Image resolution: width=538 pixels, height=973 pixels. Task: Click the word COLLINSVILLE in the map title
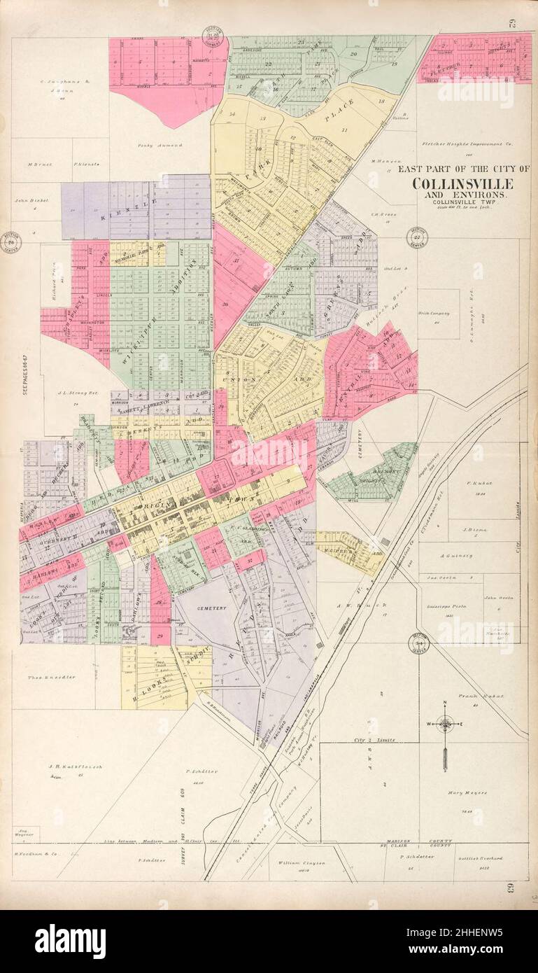(x=462, y=184)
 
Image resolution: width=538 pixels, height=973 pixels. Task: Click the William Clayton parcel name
(x=302, y=863)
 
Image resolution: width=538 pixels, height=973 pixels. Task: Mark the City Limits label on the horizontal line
(x=374, y=739)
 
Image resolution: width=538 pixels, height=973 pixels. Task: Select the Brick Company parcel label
(x=434, y=313)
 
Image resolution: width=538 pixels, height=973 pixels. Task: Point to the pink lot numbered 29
(x=160, y=636)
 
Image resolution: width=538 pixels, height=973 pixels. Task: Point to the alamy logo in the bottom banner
(x=70, y=941)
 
